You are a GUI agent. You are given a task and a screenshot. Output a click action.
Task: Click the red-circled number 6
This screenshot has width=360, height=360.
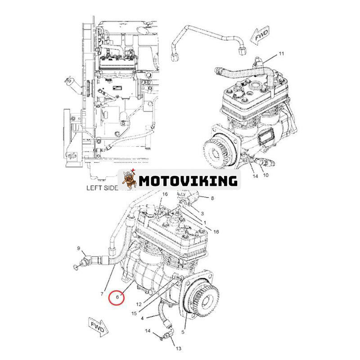click(117, 297)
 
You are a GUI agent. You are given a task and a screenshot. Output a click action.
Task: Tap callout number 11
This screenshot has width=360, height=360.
click(281, 54)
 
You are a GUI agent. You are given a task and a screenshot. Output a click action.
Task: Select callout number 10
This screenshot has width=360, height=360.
click(265, 175)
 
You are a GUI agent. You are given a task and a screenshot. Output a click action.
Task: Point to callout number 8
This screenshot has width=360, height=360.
click(212, 198)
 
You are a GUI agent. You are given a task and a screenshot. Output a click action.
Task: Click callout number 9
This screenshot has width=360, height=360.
click(78, 248)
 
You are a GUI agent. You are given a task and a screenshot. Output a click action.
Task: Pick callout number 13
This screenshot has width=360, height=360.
click(178, 348)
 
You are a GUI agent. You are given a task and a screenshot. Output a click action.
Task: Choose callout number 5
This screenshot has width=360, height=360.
click(183, 332)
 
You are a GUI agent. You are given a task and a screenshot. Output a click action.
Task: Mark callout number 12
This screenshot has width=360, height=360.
click(139, 305)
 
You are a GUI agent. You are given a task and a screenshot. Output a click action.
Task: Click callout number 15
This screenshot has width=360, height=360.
click(134, 313)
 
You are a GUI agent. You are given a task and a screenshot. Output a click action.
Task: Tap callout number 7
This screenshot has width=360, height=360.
click(102, 294)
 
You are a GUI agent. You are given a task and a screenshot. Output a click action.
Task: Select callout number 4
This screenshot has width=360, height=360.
click(142, 318)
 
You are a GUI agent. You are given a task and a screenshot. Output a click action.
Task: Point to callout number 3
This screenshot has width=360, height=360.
click(202, 213)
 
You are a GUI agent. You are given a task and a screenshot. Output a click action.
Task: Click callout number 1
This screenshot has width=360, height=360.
click(205, 222)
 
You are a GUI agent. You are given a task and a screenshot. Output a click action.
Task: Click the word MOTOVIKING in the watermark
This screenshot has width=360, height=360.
click(188, 181)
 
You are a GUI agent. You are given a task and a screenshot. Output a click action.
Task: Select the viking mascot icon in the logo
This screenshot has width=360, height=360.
click(129, 180)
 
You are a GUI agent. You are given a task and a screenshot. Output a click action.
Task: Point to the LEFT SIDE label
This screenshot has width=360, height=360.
click(102, 188)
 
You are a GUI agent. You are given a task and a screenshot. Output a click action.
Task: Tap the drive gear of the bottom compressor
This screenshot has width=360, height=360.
click(204, 300)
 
